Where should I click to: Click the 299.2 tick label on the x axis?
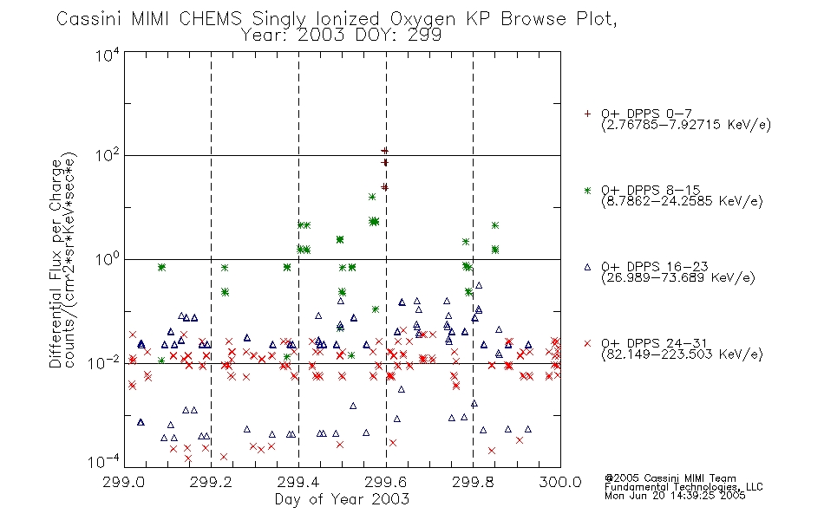coord(211,482)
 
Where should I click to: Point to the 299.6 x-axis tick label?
coord(386,482)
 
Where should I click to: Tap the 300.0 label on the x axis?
coord(560,482)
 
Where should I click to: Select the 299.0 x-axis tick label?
coord(124,482)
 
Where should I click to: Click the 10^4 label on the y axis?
coord(108,55)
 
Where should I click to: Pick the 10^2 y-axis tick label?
coord(108,155)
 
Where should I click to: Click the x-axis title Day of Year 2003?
coord(342,499)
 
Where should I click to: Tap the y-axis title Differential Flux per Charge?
coord(56,263)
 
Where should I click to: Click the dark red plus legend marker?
coord(587,114)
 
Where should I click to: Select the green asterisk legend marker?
coord(587,190)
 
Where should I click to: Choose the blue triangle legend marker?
coord(587,267)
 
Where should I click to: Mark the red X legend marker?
coord(587,343)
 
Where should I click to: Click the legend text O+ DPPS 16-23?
coord(655,266)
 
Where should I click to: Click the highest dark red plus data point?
coord(384,152)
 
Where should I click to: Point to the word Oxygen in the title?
coord(422,19)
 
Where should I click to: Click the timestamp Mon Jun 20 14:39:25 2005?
coord(675,496)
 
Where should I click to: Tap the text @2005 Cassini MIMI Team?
coord(670,478)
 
